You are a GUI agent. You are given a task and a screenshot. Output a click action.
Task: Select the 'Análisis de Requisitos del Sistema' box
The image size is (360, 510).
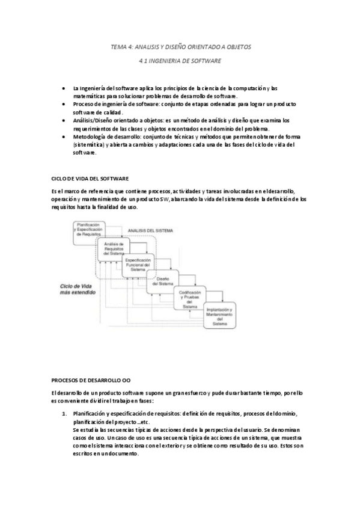(114, 248)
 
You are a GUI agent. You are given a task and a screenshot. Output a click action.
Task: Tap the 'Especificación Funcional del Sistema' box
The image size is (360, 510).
(138, 265)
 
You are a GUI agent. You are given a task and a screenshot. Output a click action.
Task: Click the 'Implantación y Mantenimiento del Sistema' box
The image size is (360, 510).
(219, 315)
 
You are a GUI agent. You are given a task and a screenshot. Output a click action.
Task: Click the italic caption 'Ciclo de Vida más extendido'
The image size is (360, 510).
(77, 292)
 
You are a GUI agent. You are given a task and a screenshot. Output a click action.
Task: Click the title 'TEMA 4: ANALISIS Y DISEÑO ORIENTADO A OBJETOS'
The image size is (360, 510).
(180, 46)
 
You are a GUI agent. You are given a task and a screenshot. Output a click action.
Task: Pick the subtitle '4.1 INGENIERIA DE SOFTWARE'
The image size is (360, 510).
(180, 61)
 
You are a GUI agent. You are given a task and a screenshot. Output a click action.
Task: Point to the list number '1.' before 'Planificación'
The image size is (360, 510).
(65, 414)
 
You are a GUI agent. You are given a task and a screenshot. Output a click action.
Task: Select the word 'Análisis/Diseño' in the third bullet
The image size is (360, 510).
(93, 120)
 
